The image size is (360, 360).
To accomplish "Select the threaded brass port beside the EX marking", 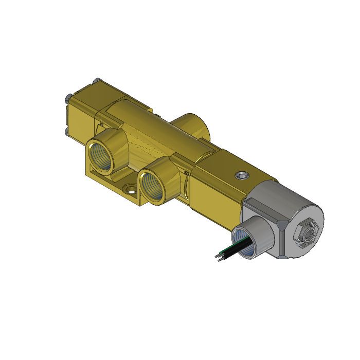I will click(154, 182).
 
